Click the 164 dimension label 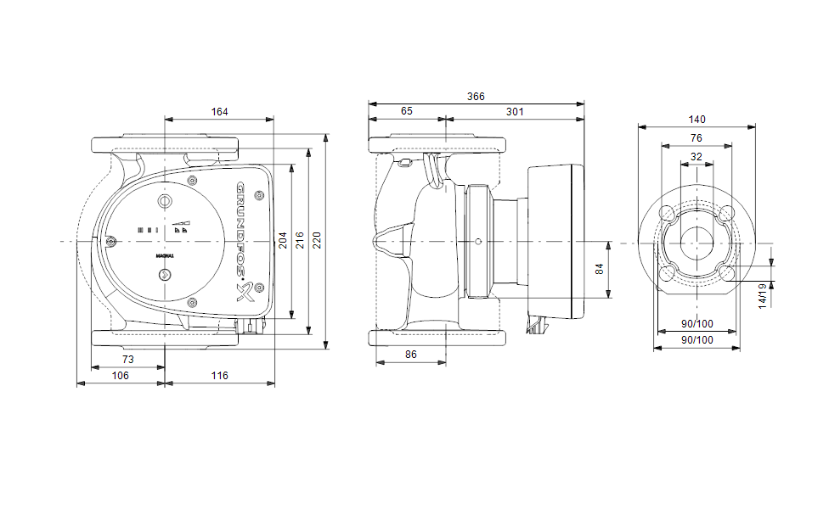click(219, 112)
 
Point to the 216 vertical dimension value click(301, 242)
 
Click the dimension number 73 click(128, 360)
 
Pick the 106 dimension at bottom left click(121, 375)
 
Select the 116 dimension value click(219, 375)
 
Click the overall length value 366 click(476, 97)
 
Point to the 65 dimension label click(407, 112)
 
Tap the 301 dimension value click(515, 112)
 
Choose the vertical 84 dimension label click(600, 269)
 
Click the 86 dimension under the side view click(411, 354)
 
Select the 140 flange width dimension click(696, 120)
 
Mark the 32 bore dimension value click(696, 157)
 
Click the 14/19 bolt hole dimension click(763, 295)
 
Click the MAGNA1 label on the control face click(165, 255)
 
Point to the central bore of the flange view click(696, 242)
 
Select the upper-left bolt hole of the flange click(668, 212)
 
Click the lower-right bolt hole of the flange click(725, 271)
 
